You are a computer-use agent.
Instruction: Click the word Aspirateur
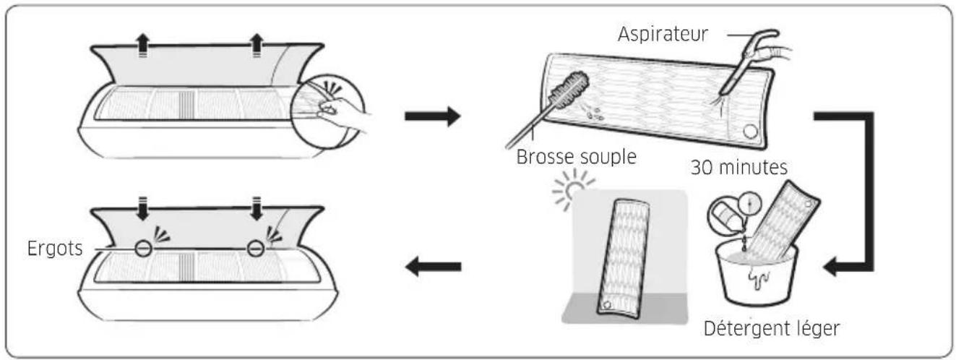coord(663,34)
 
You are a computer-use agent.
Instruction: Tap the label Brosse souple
coord(576,157)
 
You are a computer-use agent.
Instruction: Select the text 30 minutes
coord(738,167)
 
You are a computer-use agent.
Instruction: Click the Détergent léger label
coord(772,329)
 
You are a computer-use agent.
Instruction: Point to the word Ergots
coord(55,248)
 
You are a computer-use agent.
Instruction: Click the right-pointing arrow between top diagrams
coord(433,116)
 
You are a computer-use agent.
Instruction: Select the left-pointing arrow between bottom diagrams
coord(433,267)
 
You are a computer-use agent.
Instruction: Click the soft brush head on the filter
coord(569,91)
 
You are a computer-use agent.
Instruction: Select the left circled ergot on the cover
coord(143,248)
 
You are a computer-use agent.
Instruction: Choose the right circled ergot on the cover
coord(256,248)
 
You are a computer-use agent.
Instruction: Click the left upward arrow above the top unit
coord(142,45)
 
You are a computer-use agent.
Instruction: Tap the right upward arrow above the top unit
coord(256,45)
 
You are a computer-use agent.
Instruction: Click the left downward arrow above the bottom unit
coord(142,209)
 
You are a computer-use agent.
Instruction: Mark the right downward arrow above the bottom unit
coord(256,209)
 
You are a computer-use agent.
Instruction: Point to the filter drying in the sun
coord(624,258)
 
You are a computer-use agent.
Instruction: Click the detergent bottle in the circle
coord(725,215)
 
